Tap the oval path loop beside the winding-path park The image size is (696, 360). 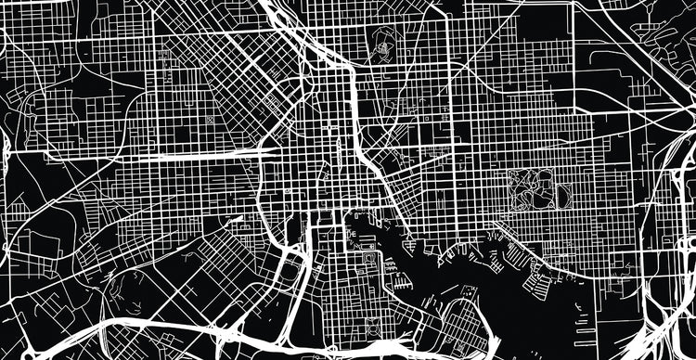[x=561, y=194]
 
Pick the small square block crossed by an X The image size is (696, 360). [x=212, y=121]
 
